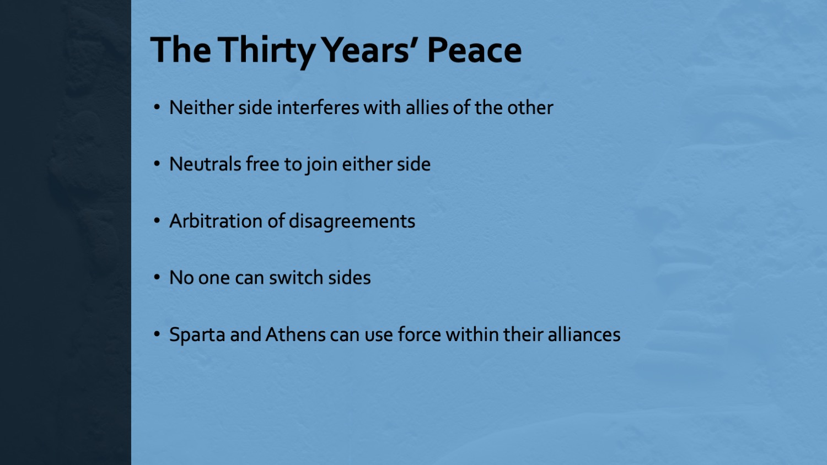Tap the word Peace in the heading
(474, 50)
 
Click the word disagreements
(352, 222)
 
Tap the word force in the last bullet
(419, 335)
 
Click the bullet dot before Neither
(157, 107)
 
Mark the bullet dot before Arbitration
(157, 221)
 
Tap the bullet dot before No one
(157, 278)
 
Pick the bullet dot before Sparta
(157, 334)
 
